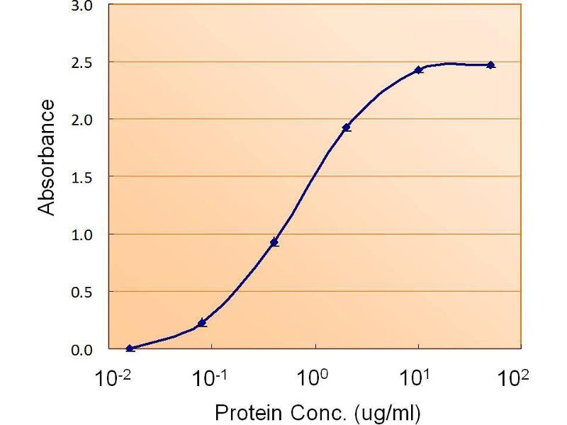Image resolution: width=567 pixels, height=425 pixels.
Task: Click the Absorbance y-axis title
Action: pyautogui.click(x=46, y=157)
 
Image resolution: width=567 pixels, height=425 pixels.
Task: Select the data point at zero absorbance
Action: pyautogui.click(x=130, y=348)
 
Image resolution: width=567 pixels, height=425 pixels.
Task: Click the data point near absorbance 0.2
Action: pyautogui.click(x=202, y=322)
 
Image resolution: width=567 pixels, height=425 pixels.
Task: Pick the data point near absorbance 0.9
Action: pyautogui.click(x=274, y=242)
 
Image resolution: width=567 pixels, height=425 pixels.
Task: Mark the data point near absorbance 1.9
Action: pyautogui.click(x=347, y=127)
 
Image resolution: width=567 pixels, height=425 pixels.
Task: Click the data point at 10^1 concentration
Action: pyautogui.click(x=419, y=69)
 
